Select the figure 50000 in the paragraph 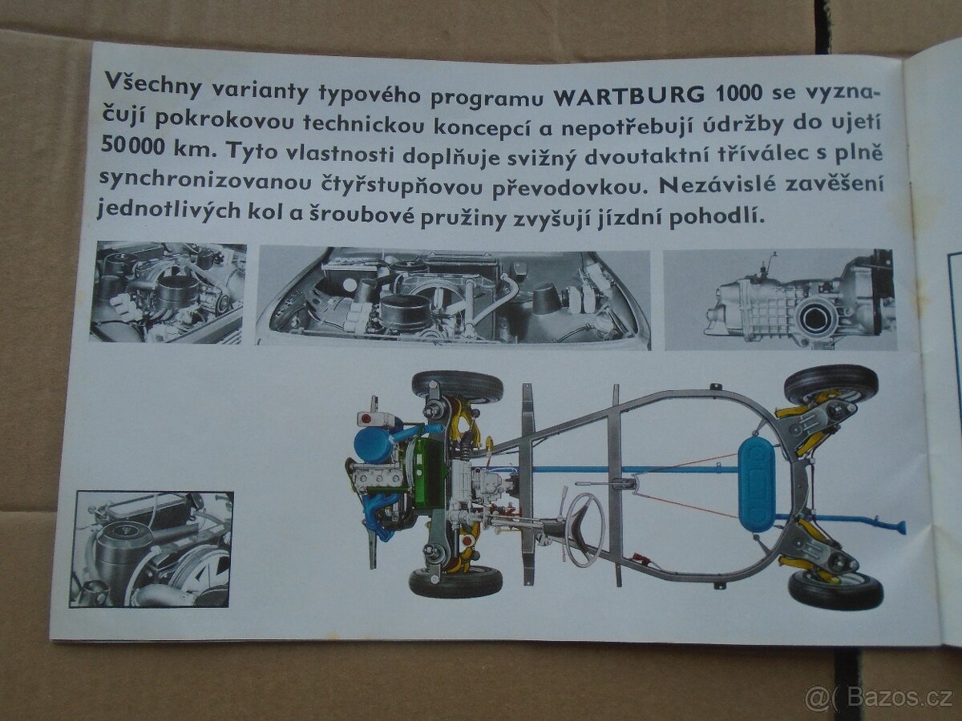[x=132, y=144]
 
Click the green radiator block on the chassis [x=428, y=473]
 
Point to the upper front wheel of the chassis [x=457, y=386]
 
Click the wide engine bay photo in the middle [x=455, y=299]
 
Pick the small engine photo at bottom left [x=152, y=550]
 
